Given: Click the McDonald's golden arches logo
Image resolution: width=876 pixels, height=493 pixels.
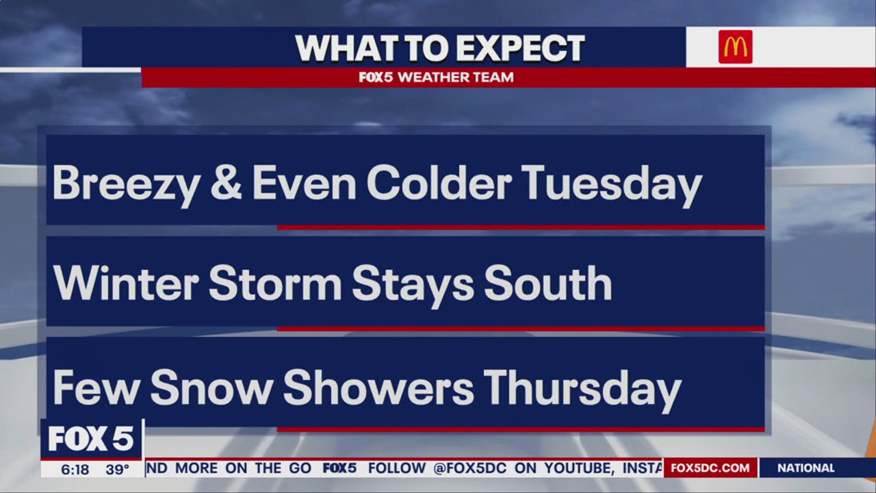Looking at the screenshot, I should tap(735, 47).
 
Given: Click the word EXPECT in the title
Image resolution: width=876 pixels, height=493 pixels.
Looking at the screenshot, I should tap(521, 49).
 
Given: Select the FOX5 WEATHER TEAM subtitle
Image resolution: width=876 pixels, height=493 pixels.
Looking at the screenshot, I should tap(436, 77).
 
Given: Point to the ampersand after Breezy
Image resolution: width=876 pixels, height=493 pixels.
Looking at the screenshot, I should tap(226, 184).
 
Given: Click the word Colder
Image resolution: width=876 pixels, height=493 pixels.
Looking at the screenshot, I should tap(439, 184).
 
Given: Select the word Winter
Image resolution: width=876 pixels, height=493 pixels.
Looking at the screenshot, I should tap(126, 283).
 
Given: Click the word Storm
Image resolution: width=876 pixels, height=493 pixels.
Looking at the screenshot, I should tap(274, 283).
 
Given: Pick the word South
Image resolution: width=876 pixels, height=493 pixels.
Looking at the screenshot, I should tap(547, 283).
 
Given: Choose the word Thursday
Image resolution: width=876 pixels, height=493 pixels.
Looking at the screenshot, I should tap(582, 388).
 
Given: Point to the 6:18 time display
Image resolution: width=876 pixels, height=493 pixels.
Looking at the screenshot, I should tap(75, 470).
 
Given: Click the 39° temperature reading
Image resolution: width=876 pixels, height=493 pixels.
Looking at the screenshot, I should tap(118, 470).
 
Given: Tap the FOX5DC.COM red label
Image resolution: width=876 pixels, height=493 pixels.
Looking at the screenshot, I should tap(710, 468).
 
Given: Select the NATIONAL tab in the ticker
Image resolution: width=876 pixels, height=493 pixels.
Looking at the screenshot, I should tap(806, 468).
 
